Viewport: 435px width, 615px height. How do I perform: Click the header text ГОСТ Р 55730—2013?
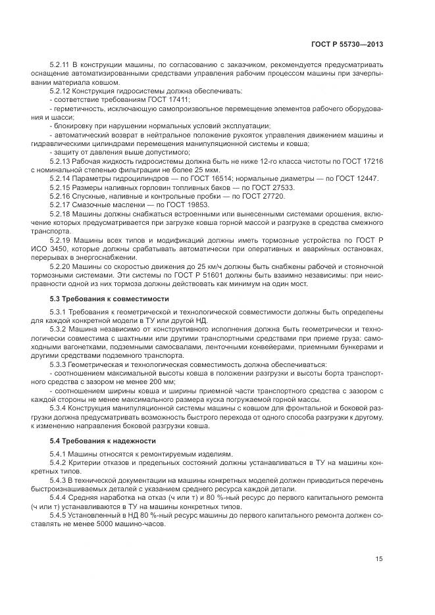347,44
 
